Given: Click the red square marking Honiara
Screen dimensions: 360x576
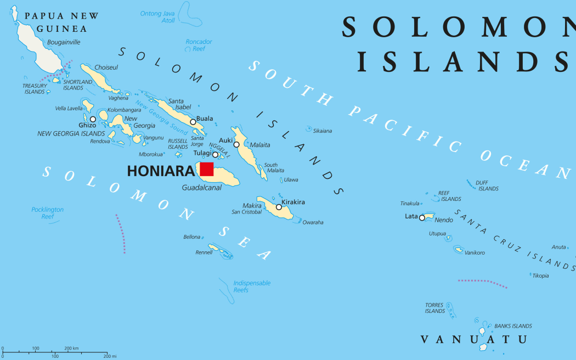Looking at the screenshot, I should pos(206,169).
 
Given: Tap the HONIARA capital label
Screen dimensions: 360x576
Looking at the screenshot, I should pos(160,171).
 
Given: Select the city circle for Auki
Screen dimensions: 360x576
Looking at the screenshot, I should pos(236,144).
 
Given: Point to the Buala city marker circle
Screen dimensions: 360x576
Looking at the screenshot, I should pos(193,122).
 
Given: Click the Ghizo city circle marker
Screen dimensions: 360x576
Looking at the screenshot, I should pos(93,119).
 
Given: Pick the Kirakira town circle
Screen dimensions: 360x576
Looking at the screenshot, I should pos(279,207).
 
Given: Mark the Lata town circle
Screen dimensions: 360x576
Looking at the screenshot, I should pos(422,218).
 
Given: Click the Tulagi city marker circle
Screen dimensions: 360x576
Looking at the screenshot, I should pos(215,154).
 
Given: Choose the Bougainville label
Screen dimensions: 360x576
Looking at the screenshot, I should pos(64,42).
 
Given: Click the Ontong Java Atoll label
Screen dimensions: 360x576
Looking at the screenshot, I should pos(157,17).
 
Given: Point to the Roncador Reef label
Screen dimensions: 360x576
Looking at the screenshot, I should pos(199,45).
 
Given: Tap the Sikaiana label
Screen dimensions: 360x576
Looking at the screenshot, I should pos(322,131).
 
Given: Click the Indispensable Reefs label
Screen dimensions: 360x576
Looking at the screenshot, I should pos(252,286).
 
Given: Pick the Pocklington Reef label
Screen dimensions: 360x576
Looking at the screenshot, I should pos(47,213).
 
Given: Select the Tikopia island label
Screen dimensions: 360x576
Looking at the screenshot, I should pos(540,275).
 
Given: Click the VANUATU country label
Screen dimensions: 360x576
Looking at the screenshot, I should pos(473,340).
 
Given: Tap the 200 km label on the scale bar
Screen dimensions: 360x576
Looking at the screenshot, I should pos(72,348).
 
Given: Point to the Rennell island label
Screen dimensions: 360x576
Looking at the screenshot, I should pos(204,252).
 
